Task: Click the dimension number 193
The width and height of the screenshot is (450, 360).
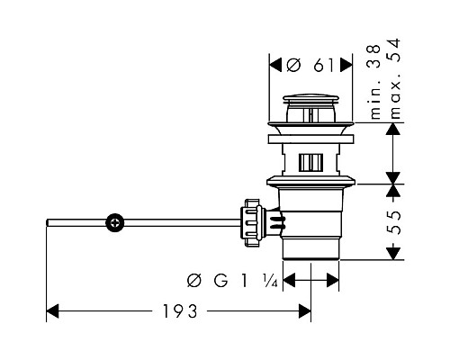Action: [x=180, y=311]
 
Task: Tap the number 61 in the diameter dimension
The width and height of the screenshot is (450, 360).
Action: [x=324, y=65]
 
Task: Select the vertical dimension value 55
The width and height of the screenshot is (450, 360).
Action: [x=393, y=222]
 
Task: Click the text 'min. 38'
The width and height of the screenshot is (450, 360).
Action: [x=375, y=82]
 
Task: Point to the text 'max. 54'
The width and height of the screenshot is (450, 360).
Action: [x=394, y=78]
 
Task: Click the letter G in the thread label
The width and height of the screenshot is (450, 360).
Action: [x=220, y=281]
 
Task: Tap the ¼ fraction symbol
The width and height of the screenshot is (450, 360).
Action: [x=271, y=281]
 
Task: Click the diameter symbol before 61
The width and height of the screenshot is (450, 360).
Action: [x=293, y=65]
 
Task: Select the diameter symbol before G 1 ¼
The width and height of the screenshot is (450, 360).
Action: [x=193, y=281]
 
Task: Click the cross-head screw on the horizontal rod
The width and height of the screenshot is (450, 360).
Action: [x=115, y=223]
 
